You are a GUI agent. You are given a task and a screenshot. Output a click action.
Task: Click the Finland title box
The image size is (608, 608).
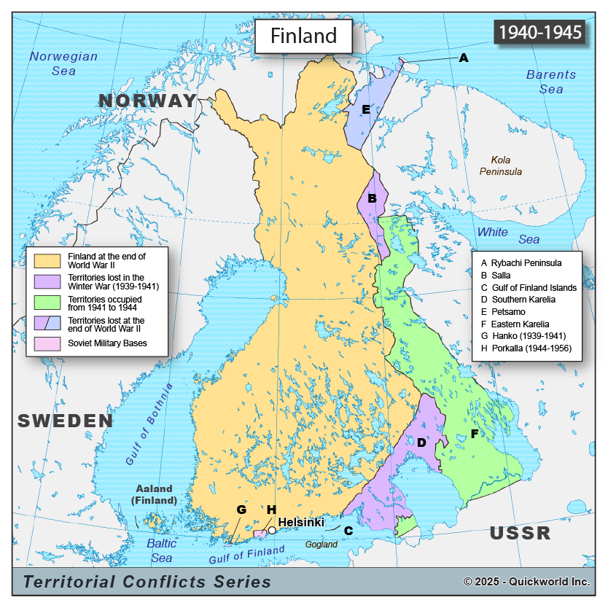pos(303,36)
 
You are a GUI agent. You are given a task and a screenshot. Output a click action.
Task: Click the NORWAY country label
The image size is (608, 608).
pos(148,101)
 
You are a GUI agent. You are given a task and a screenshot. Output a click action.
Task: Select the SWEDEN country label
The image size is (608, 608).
pos(66,421)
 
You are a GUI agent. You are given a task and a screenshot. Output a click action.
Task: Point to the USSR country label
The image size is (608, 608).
pos(520,533)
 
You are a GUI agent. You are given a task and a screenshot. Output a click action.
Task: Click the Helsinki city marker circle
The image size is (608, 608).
pos(272,530)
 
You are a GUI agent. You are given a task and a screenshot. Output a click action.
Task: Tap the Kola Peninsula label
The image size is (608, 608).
pos(500,165)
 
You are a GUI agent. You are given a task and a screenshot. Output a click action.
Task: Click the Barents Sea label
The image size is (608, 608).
pos(550,82)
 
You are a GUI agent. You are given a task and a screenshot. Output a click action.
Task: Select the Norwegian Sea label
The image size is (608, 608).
pos(63,63)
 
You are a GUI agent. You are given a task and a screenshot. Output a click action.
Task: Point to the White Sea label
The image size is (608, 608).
pos(508,235)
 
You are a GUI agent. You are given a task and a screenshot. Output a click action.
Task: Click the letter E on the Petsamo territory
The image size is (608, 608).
pos(366,109)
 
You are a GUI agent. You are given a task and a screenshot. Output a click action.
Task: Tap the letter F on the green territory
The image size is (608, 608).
pos(474,434)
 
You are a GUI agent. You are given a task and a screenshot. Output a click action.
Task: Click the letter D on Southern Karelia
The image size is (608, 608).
pos(421,442)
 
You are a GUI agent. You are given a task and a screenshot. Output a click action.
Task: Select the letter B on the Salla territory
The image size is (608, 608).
pos(372,198)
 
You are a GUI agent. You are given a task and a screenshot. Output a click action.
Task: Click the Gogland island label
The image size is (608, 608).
pos(321,545)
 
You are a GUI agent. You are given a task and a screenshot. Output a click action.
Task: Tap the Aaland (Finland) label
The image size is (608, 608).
pos(154,494)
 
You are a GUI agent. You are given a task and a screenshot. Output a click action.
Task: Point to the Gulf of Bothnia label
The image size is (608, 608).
pos(150,424)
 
